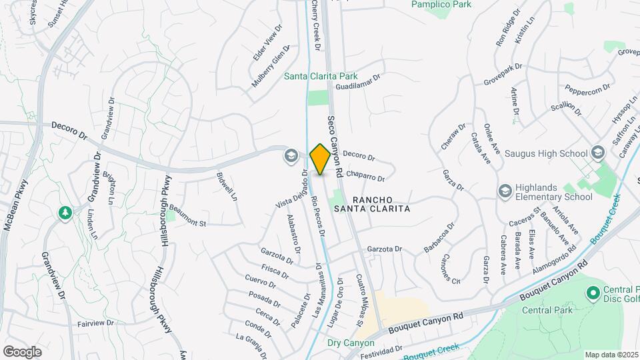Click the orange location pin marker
coord(320,159)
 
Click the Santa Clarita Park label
coord(321,77)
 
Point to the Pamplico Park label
coord(440,5)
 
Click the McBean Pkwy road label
coord(17,205)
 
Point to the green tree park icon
coord(65,213)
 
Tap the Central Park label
coord(545,310)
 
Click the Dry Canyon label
coord(351,343)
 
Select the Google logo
coord(22,351)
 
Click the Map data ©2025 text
coord(611,355)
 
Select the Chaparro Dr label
coord(366,177)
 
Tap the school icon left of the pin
coord(290,156)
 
